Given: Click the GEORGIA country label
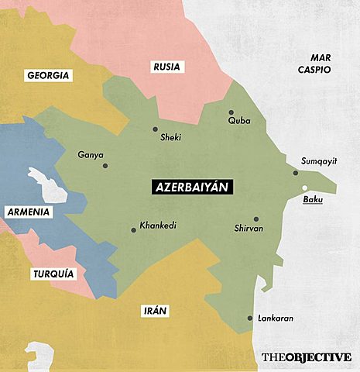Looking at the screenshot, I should point(48,76).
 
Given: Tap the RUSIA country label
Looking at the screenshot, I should point(166,67).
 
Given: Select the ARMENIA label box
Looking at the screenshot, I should point(28,212).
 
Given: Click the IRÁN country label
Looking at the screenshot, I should point(156,311).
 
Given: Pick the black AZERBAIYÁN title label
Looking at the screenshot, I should point(185,188).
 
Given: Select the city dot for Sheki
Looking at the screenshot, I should point(155,129).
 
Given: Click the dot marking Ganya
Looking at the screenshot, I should point(105,165).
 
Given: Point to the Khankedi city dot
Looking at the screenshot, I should point(133,229).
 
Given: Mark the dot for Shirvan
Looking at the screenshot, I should point(256,219).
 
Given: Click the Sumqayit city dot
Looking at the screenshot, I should point(296,173).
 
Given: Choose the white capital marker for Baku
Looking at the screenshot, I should point(304,188).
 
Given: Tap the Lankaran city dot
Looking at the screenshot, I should point(249,318).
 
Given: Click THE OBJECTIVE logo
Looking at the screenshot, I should point(306,357).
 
